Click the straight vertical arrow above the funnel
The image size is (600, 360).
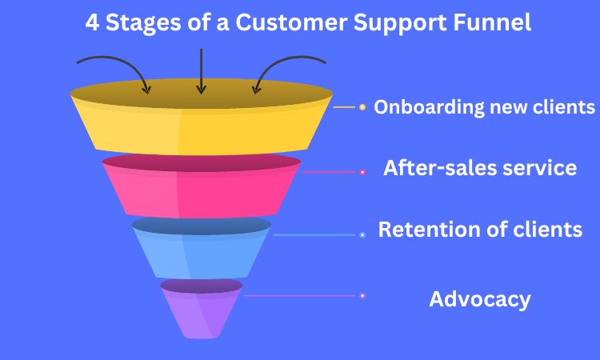point(202,71)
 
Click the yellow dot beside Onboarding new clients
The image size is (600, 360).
point(362,107)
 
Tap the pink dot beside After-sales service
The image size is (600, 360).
point(362,172)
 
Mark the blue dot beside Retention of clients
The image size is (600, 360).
point(362,235)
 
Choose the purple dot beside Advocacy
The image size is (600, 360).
point(362,296)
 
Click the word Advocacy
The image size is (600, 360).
point(480,299)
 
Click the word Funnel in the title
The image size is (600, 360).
point(492,22)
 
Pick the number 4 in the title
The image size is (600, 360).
point(92,22)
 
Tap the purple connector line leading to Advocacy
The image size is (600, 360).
point(300,296)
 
